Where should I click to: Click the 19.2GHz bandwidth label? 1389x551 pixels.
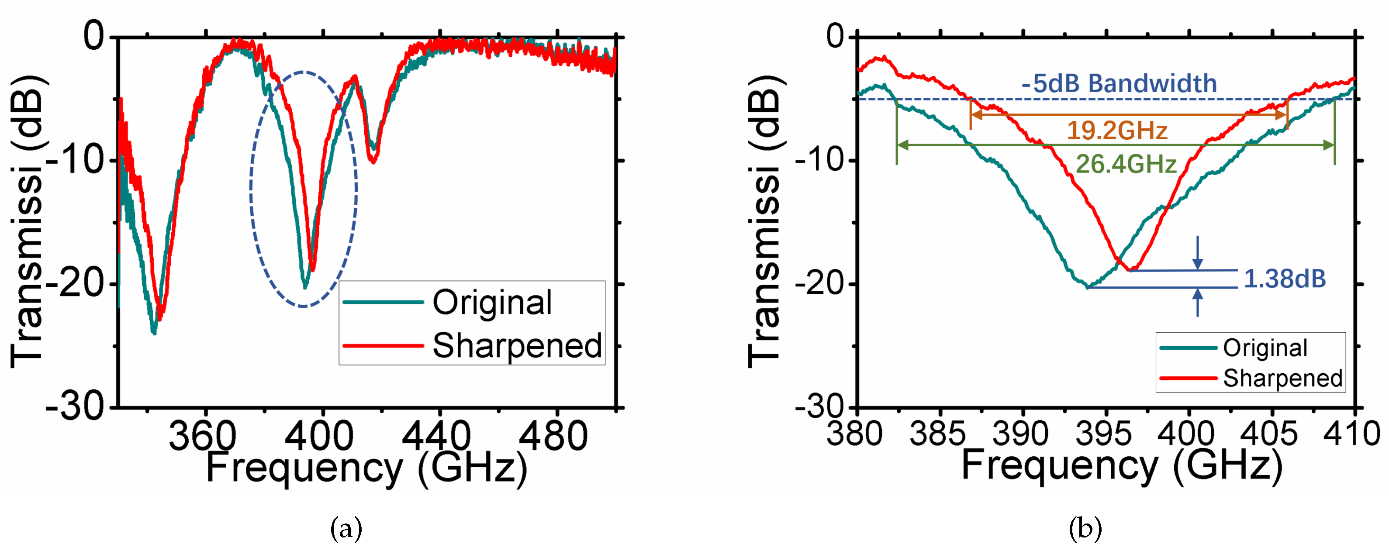click(x=1117, y=131)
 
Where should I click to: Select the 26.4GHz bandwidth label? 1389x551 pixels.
click(x=1126, y=164)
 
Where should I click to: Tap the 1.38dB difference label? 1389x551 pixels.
click(x=1285, y=279)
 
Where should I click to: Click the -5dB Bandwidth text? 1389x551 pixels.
click(x=1119, y=83)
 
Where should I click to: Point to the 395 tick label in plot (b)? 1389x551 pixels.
click(x=1103, y=434)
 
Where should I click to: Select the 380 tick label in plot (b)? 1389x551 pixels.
click(x=855, y=434)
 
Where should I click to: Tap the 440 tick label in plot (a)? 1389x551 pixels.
click(x=437, y=436)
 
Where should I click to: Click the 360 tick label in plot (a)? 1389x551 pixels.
click(x=203, y=436)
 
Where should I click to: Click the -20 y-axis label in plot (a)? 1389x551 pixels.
click(x=76, y=284)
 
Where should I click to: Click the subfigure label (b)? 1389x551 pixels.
click(x=1085, y=529)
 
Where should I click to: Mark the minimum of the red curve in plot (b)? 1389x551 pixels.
click(x=1131, y=269)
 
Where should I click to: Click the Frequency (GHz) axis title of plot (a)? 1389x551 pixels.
click(x=366, y=468)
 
